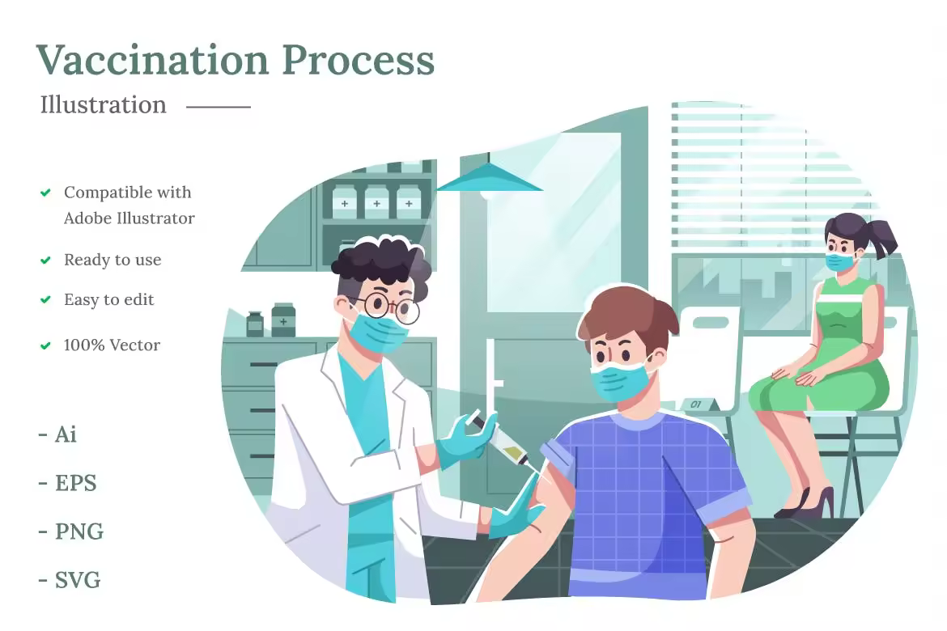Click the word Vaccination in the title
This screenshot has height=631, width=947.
click(x=152, y=60)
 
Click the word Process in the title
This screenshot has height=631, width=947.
click(x=358, y=60)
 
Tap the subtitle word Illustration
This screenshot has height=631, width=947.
click(x=104, y=104)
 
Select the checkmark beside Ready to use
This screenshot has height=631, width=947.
click(x=45, y=260)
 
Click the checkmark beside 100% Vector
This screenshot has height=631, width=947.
click(x=45, y=346)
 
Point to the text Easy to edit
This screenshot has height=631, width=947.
click(x=108, y=299)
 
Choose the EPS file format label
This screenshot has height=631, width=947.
click(x=75, y=483)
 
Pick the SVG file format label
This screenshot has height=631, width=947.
click(x=78, y=580)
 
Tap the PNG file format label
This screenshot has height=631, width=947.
click(x=79, y=531)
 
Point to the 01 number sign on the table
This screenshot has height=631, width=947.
click(x=696, y=404)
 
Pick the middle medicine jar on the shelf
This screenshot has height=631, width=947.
click(x=377, y=201)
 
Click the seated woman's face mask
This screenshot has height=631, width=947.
click(x=840, y=262)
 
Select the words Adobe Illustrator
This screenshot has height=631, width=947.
click(x=130, y=218)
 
